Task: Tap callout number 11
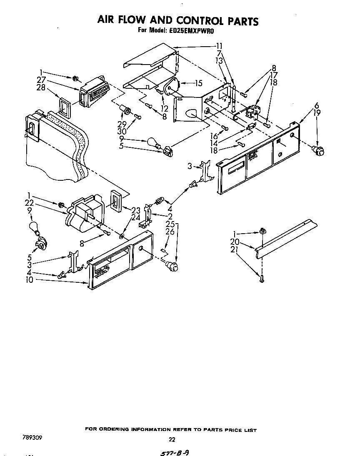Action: pos(219,46)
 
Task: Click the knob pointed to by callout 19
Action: pos(319,150)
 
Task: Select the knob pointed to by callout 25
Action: pos(172,265)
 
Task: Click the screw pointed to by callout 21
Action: pos(261,280)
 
